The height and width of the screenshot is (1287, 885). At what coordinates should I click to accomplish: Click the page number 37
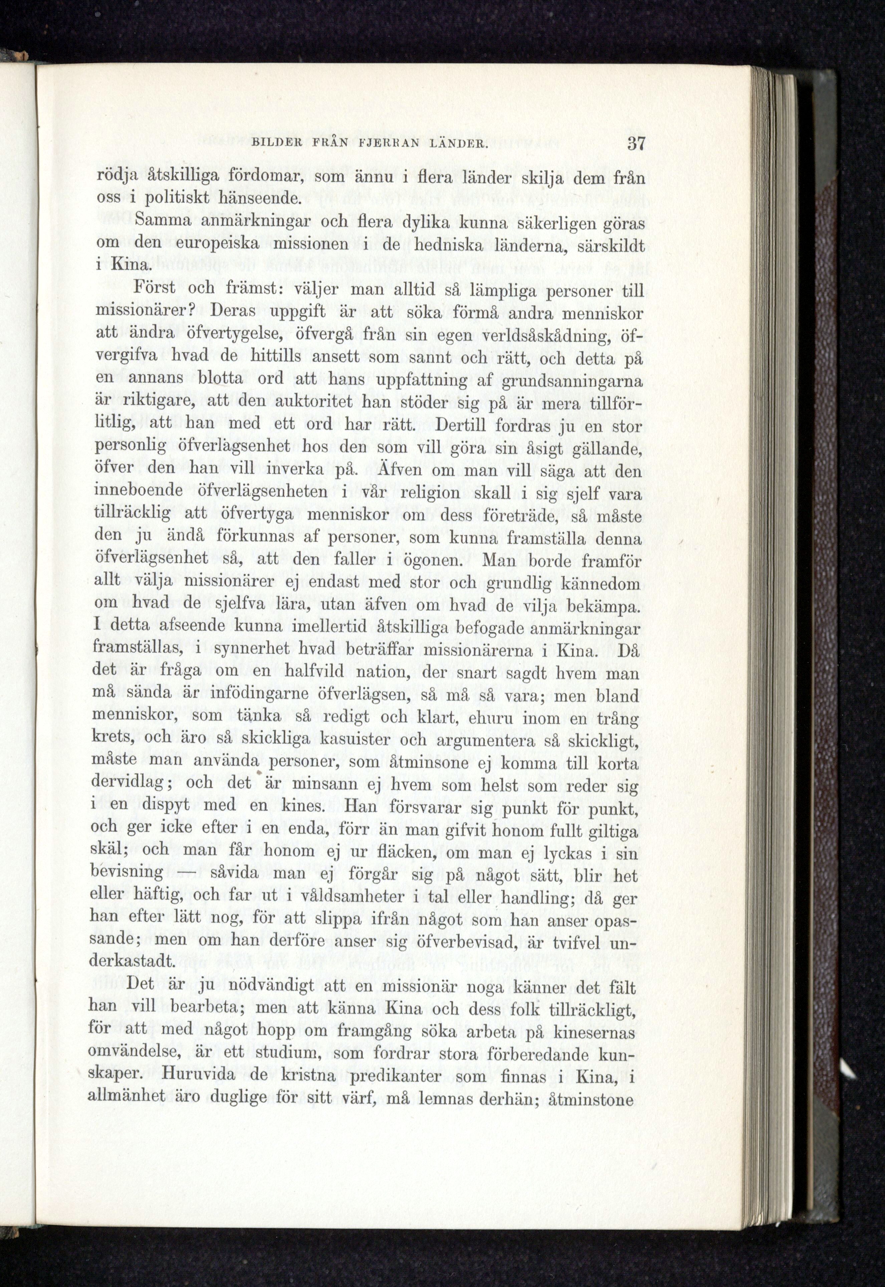[x=635, y=144]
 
